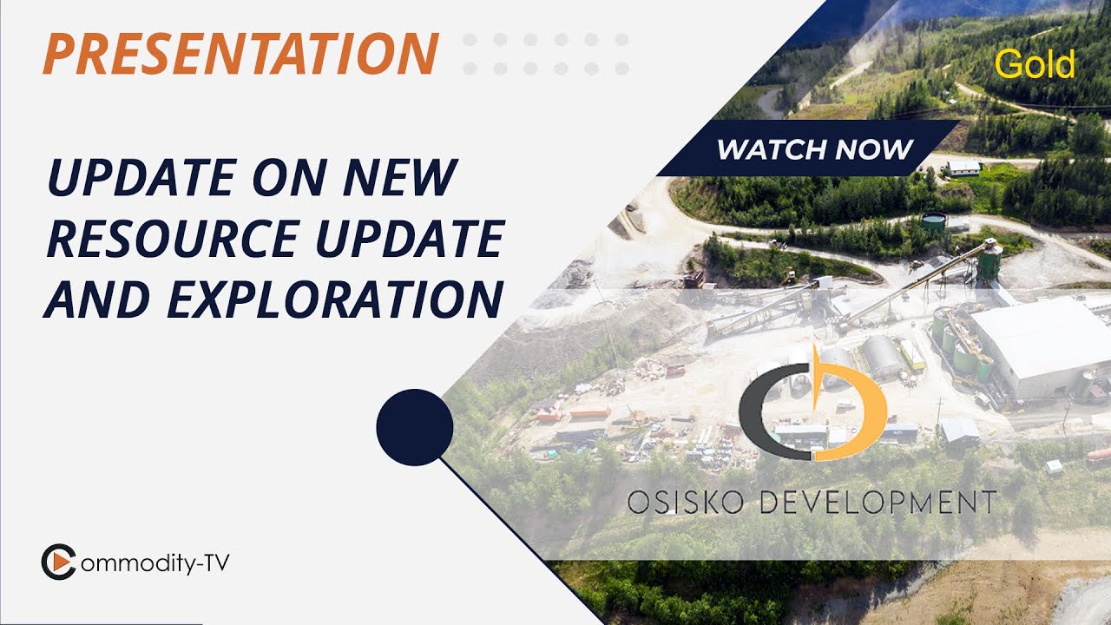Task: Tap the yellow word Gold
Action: pos(1035,64)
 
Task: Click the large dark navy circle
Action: pos(415,427)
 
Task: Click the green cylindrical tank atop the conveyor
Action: pos(989,260)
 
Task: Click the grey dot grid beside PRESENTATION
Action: pos(545,53)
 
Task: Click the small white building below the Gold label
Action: pos(963,168)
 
